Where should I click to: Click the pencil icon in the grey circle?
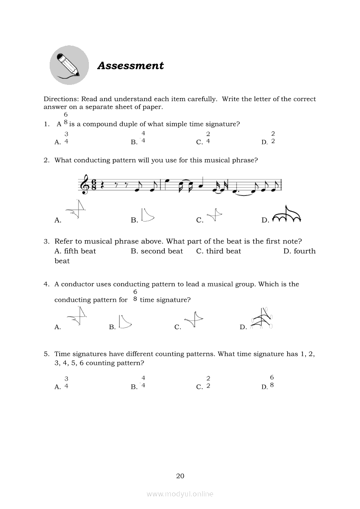[x=69, y=65]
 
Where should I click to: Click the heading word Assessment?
[x=130, y=66]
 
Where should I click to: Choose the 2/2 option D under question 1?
[x=273, y=138]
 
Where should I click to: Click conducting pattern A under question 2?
[x=77, y=210]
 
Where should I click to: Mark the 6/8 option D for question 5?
[x=272, y=381]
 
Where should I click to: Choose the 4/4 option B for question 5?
[x=143, y=381]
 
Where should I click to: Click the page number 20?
[x=180, y=476]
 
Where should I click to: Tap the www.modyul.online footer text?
[x=180, y=494]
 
